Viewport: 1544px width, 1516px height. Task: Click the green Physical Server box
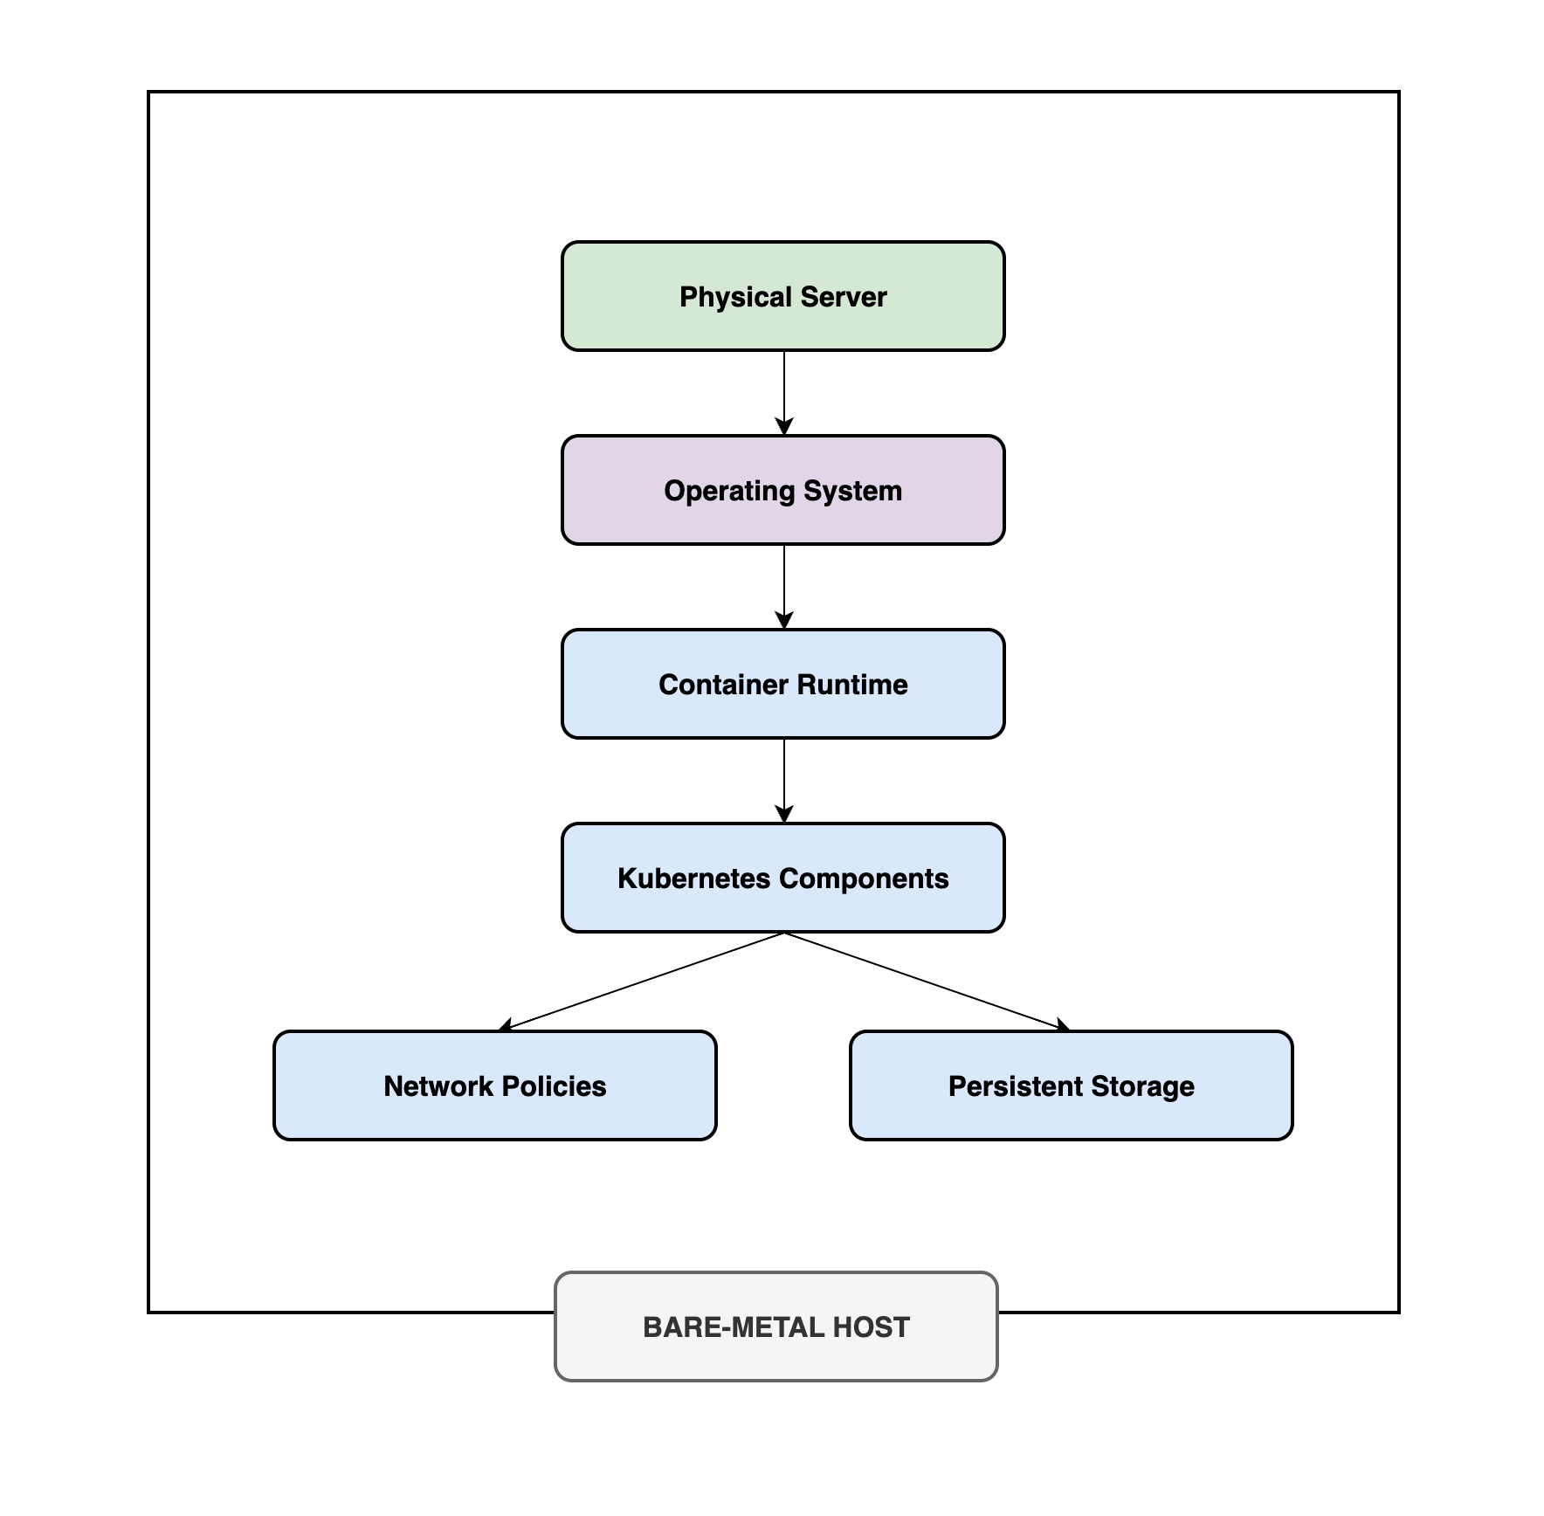pyautogui.click(x=783, y=296)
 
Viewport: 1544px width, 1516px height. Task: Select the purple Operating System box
pyautogui.click(x=783, y=490)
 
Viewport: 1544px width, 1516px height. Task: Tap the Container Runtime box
pyautogui.click(x=783, y=684)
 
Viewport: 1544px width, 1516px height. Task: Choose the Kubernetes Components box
pyautogui.click(x=783, y=878)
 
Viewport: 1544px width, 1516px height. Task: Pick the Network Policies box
pyautogui.click(x=495, y=1085)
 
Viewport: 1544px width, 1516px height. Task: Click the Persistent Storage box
pyautogui.click(x=1072, y=1085)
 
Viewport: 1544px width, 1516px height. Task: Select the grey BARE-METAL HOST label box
pyautogui.click(x=776, y=1326)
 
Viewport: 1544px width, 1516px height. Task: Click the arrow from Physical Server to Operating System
pyautogui.click(x=784, y=393)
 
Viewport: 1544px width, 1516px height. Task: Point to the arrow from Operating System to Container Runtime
pyautogui.click(x=784, y=587)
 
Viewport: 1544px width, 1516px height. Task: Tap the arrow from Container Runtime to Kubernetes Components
pyautogui.click(x=784, y=781)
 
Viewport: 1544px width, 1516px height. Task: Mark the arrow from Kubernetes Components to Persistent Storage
pyautogui.click(x=927, y=982)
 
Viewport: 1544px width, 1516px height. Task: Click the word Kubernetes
pyautogui.click(x=693, y=878)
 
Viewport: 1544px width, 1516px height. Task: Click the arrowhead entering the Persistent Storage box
pyautogui.click(x=1064, y=1026)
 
